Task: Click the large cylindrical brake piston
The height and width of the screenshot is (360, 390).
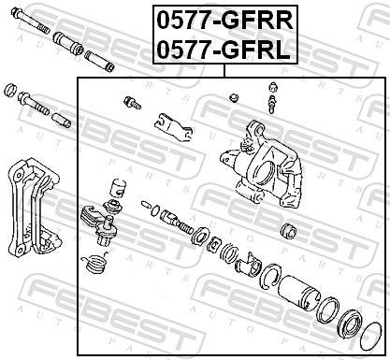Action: point(300,286)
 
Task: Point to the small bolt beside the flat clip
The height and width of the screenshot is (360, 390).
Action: point(128,101)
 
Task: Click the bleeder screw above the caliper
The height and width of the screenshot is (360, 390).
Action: point(272,98)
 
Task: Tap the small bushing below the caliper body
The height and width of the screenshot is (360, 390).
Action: point(287,229)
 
